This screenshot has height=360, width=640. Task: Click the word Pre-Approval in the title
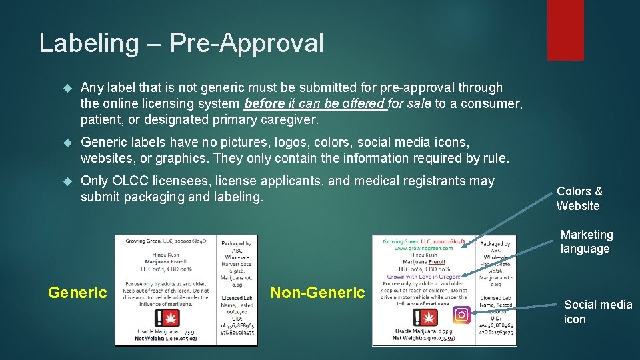(x=247, y=43)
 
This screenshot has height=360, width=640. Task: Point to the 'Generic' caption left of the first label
(x=77, y=292)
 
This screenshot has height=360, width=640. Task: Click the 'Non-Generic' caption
(x=318, y=292)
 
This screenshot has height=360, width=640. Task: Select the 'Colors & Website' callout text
(x=579, y=199)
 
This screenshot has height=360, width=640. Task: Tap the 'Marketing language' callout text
(x=586, y=241)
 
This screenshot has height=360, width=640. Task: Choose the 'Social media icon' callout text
(x=597, y=311)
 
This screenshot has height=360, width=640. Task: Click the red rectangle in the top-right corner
(x=565, y=30)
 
